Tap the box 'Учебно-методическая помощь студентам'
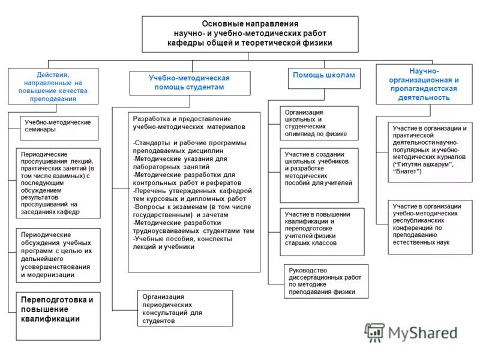189,83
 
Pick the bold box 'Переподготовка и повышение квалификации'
58,310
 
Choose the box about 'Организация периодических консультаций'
185,308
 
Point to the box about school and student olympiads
319,123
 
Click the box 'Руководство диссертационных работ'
325,281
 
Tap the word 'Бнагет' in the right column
409,172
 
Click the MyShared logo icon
375,332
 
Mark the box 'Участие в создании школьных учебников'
319,175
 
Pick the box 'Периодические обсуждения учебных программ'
58,254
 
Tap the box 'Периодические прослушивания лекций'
58,182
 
